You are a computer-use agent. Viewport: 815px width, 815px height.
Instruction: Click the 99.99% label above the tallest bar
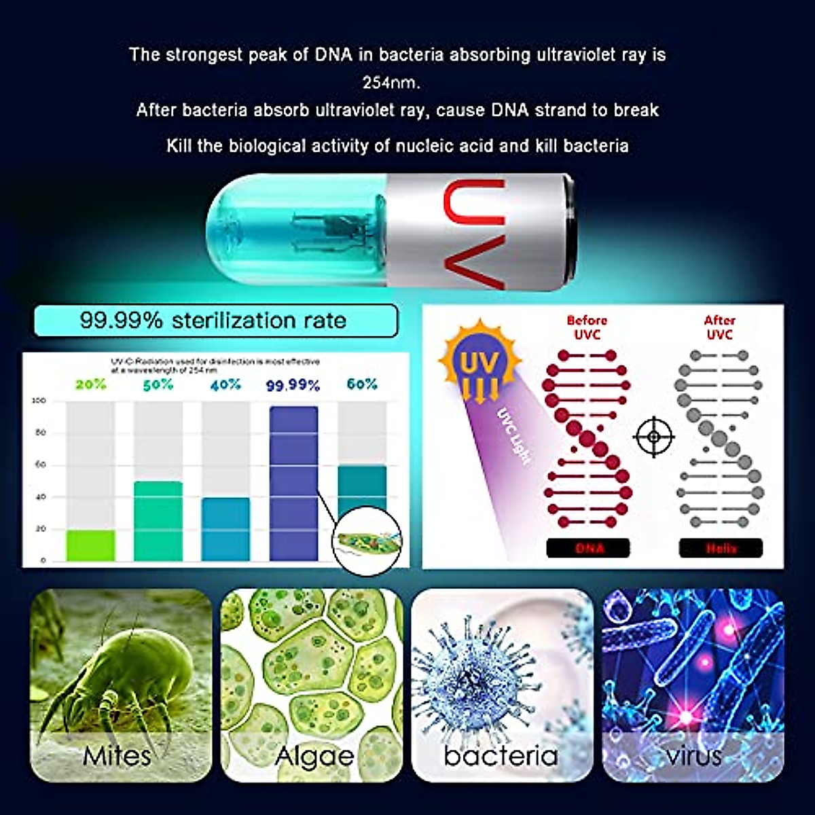(293, 386)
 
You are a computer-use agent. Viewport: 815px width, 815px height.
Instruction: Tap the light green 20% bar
(90, 545)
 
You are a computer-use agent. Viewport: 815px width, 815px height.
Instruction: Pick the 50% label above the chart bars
(158, 385)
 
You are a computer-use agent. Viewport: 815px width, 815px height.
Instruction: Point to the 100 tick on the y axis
(39, 401)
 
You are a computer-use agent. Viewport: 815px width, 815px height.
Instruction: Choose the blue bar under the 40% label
(225, 529)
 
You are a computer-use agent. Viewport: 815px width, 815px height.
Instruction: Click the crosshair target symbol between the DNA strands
(653, 437)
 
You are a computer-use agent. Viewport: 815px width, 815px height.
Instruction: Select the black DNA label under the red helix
(588, 548)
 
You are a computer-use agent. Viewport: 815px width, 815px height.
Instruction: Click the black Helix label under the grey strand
(721, 548)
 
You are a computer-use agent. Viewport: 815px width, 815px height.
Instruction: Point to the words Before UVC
(587, 327)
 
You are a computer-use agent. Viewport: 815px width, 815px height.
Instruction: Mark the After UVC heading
(719, 327)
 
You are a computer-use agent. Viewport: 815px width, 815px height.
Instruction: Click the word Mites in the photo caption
(117, 755)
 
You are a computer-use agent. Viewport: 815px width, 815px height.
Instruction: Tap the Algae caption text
(314, 756)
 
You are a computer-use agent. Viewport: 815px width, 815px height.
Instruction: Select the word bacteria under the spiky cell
(501, 755)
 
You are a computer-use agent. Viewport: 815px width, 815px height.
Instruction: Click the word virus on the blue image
(694, 755)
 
